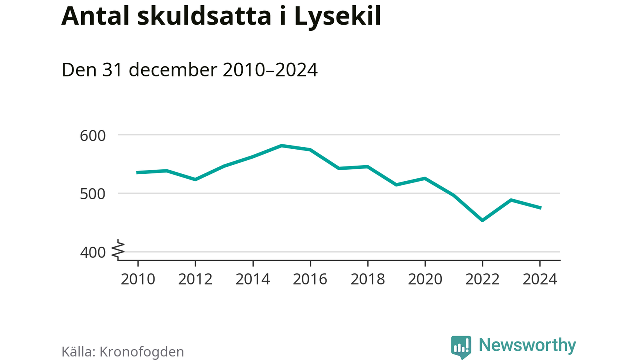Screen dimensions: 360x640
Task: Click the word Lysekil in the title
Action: (x=337, y=17)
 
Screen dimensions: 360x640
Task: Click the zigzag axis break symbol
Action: (x=118, y=250)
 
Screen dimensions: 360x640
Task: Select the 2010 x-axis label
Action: (x=138, y=279)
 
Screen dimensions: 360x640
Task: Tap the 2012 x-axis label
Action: (x=195, y=279)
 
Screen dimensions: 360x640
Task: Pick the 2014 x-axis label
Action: (x=253, y=279)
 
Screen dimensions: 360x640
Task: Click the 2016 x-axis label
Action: (x=310, y=279)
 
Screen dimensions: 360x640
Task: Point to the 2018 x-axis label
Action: (x=368, y=279)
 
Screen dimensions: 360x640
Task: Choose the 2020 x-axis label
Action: (x=425, y=279)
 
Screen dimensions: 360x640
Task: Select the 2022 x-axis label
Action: (x=482, y=279)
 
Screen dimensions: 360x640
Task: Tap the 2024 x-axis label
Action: (x=540, y=279)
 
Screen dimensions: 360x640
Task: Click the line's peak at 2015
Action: (x=282, y=146)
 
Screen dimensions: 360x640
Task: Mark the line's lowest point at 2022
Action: (x=482, y=220)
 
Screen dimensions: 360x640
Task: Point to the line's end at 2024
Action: (x=540, y=208)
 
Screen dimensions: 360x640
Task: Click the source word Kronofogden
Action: (x=142, y=352)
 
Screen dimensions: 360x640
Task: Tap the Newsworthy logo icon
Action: (x=461, y=346)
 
